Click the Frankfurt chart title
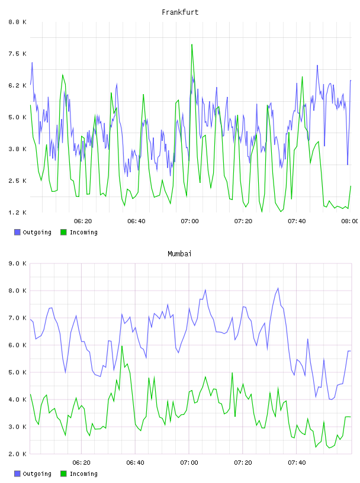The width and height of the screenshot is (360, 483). point(180,12)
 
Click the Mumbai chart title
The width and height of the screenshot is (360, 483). point(179,254)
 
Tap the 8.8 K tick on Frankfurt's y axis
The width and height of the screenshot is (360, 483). point(17,22)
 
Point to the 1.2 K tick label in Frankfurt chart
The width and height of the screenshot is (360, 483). point(17,212)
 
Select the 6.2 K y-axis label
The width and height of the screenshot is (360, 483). point(17,85)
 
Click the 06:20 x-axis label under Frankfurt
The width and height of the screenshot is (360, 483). point(83,221)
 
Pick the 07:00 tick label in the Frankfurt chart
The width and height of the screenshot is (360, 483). point(190,221)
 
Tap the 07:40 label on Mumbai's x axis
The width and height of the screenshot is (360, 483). point(297,462)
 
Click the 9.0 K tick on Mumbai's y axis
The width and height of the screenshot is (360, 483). point(17,263)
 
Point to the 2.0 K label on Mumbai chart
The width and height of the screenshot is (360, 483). point(17,454)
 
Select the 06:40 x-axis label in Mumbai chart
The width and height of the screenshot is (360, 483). point(136,462)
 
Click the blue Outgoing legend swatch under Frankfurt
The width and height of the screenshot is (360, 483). point(17,232)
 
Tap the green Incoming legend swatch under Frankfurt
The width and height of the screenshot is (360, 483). point(63,232)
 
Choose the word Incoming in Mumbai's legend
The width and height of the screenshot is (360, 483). point(83,474)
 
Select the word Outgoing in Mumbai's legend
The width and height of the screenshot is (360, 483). point(37,474)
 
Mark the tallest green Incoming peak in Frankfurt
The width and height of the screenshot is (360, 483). point(192,44)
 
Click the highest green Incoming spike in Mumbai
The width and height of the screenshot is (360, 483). point(122,346)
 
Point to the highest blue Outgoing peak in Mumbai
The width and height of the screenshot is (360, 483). point(278,288)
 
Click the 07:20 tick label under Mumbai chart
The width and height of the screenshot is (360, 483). point(243,462)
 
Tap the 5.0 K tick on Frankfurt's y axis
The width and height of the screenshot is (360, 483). point(17,117)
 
